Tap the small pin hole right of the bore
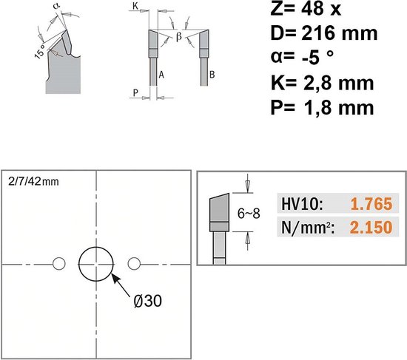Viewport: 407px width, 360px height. click(134, 264)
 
